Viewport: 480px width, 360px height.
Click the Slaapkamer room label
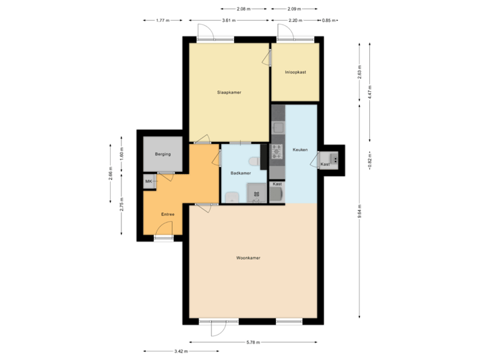pos(229,92)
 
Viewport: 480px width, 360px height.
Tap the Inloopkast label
pos(295,72)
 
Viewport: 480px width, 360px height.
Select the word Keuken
pos(300,150)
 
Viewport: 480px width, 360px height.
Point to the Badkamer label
pos(240,173)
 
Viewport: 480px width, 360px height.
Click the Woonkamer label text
pos(248,257)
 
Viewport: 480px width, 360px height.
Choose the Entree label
pos(168,214)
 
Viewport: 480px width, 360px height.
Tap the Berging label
pos(163,154)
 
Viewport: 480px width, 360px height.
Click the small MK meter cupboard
pos(149,181)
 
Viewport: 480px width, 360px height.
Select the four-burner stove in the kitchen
pos(277,151)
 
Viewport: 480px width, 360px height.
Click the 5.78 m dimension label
pos(253,342)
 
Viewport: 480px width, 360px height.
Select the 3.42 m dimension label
pos(180,351)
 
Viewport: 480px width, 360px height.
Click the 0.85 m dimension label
pos(329,20)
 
